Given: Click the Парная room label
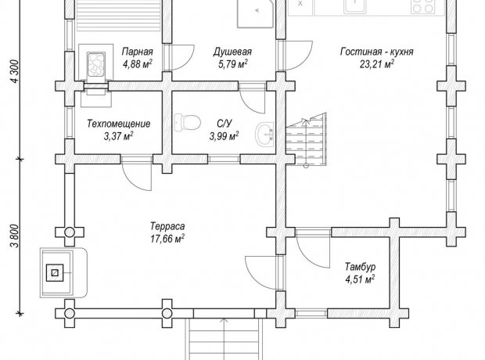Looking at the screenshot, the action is click(138, 52).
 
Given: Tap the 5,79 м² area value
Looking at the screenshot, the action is click(232, 64).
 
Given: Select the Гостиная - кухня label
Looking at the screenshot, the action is click(377, 52).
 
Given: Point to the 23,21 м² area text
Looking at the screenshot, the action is click(377, 64).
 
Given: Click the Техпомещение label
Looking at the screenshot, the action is click(119, 124).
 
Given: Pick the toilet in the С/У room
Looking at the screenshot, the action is click(187, 123).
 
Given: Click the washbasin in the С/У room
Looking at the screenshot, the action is click(264, 135).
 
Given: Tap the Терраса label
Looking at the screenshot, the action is click(167, 226).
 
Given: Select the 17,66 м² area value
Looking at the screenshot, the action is click(167, 239).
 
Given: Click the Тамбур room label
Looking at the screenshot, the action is click(361, 267).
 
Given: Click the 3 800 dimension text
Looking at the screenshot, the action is click(15, 236).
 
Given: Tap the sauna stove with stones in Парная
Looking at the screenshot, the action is click(96, 64).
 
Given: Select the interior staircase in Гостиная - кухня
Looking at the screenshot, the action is click(306, 139).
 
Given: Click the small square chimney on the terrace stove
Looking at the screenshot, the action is click(55, 272).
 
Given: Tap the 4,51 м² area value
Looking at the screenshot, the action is click(360, 279).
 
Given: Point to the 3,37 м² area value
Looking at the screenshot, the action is click(119, 136).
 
